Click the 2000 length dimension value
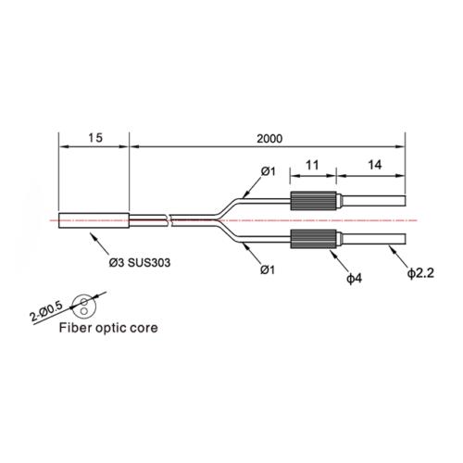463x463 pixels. tap(269, 139)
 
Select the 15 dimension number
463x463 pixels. tap(95, 138)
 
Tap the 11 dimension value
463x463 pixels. tap(312, 165)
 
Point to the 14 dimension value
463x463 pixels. tap(374, 165)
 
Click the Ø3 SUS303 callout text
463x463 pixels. tap(140, 263)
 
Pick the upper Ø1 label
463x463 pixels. tap(268, 171)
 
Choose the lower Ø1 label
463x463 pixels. tap(268, 270)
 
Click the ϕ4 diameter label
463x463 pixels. tap(354, 279)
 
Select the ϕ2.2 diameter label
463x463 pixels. tap(420, 273)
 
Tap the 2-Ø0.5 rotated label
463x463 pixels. tap(46, 311)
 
